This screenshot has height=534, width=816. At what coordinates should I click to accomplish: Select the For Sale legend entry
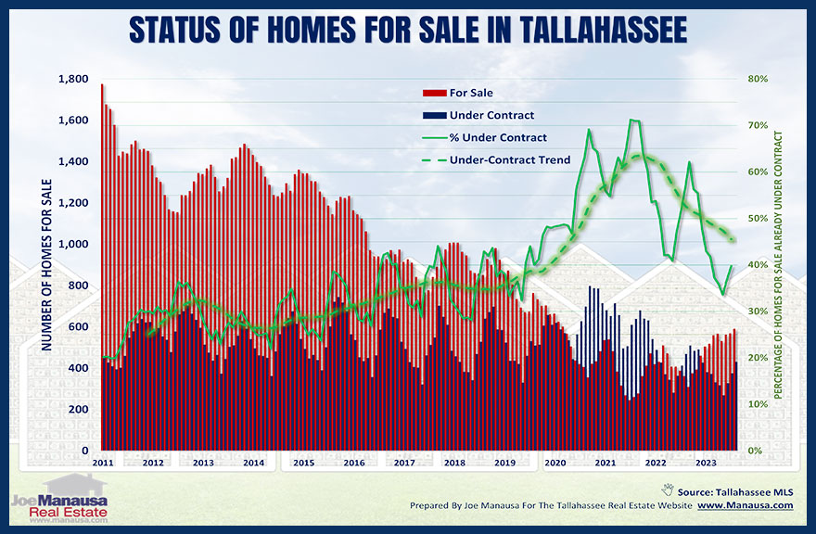(x=470, y=93)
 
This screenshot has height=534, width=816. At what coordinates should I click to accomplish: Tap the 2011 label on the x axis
(x=103, y=463)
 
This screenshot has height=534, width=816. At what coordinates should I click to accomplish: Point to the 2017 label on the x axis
(x=404, y=463)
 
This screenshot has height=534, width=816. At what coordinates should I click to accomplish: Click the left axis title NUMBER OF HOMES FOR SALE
(x=45, y=265)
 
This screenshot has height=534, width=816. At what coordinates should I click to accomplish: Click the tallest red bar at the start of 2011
(x=102, y=269)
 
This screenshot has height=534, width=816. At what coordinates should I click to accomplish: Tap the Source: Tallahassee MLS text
(x=734, y=489)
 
